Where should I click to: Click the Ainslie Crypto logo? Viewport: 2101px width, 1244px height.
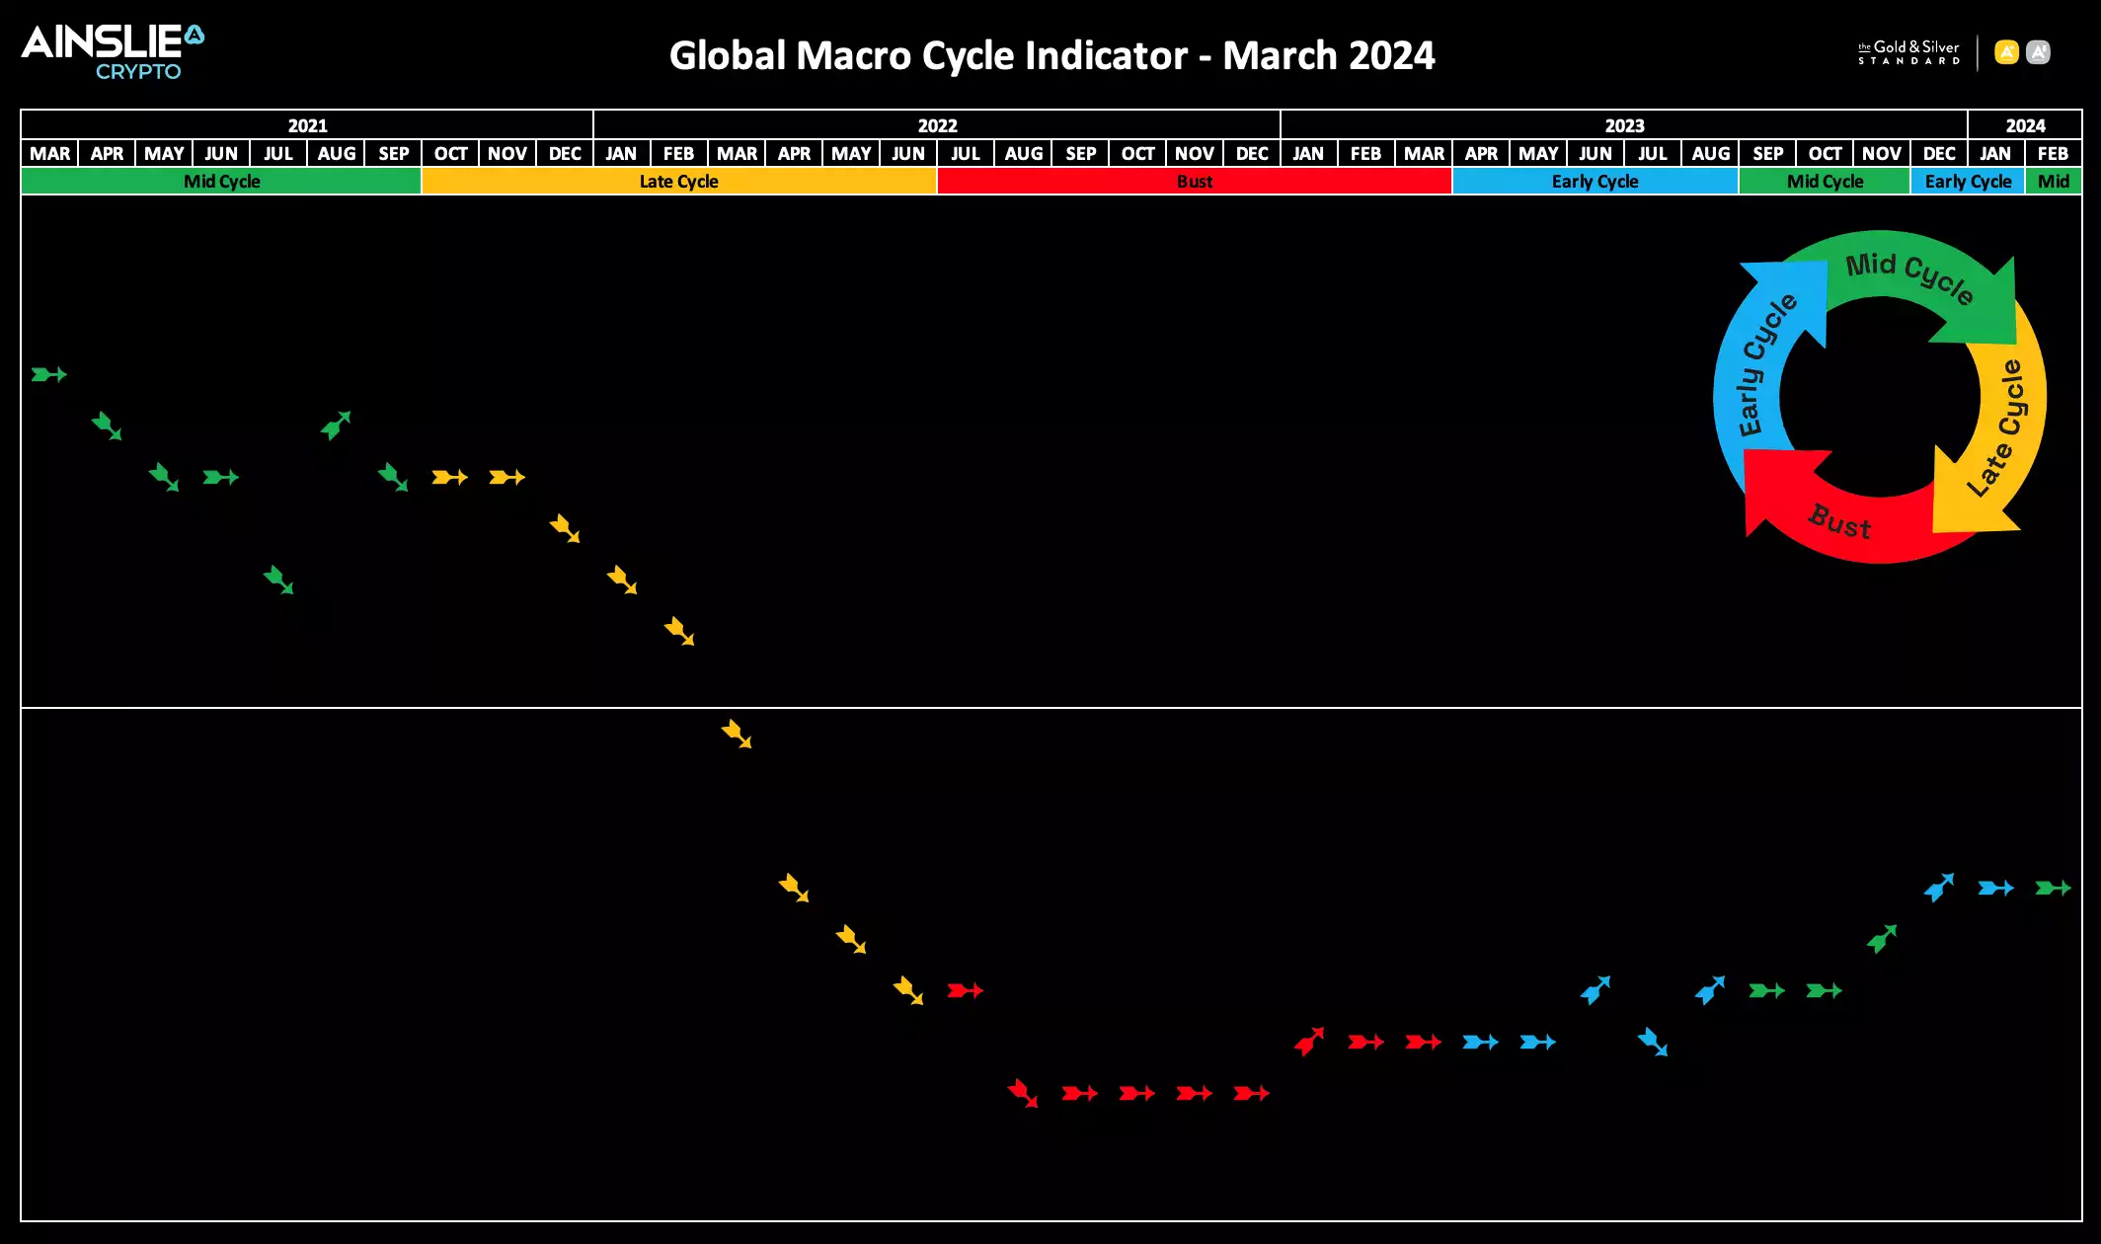click(113, 51)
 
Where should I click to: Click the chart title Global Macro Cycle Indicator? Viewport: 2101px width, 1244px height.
click(1051, 55)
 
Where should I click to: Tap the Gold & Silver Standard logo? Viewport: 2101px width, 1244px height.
click(1907, 52)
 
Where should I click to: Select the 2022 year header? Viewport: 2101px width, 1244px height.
click(937, 125)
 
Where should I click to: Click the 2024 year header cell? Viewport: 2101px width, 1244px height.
click(2025, 125)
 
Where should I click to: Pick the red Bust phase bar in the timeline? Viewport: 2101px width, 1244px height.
click(1194, 182)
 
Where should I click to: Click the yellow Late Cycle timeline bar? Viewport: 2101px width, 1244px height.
click(678, 182)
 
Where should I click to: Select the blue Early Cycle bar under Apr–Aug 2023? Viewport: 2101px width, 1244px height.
click(1595, 182)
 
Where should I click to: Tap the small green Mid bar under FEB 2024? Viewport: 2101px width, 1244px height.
click(2054, 182)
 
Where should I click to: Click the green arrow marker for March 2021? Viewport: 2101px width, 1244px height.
click(48, 374)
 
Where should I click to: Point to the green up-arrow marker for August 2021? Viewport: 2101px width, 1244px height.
click(336, 426)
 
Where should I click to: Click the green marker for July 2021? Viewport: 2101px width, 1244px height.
click(278, 580)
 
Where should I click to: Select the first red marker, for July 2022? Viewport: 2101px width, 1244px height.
click(965, 990)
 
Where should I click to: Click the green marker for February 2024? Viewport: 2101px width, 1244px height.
click(2053, 888)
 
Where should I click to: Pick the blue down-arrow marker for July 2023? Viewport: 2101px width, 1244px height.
click(1652, 1042)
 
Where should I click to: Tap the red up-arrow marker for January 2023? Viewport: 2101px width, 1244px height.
click(1309, 1041)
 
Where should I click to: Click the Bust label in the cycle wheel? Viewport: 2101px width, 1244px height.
click(1839, 521)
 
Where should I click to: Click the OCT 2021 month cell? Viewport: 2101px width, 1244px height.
click(450, 154)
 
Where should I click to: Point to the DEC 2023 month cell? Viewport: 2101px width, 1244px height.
click(1939, 154)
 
